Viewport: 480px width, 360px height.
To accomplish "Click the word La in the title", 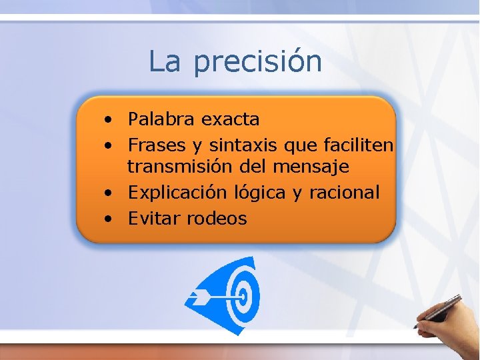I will pyautogui.click(x=165, y=61).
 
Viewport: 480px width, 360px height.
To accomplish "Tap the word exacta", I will pyautogui.click(x=230, y=119).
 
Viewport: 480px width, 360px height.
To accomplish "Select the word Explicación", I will pyautogui.click(x=178, y=193).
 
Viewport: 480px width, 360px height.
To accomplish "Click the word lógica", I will pyautogui.click(x=260, y=193).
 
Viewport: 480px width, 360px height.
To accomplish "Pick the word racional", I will pyautogui.click(x=344, y=193).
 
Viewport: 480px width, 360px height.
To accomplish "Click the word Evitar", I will pyautogui.click(x=154, y=218).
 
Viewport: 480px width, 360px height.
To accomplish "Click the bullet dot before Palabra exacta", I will pyautogui.click(x=107, y=121).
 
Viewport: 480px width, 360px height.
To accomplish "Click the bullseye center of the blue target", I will pyautogui.click(x=243, y=294).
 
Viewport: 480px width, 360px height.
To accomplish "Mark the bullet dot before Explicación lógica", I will pyautogui.click(x=107, y=194).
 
